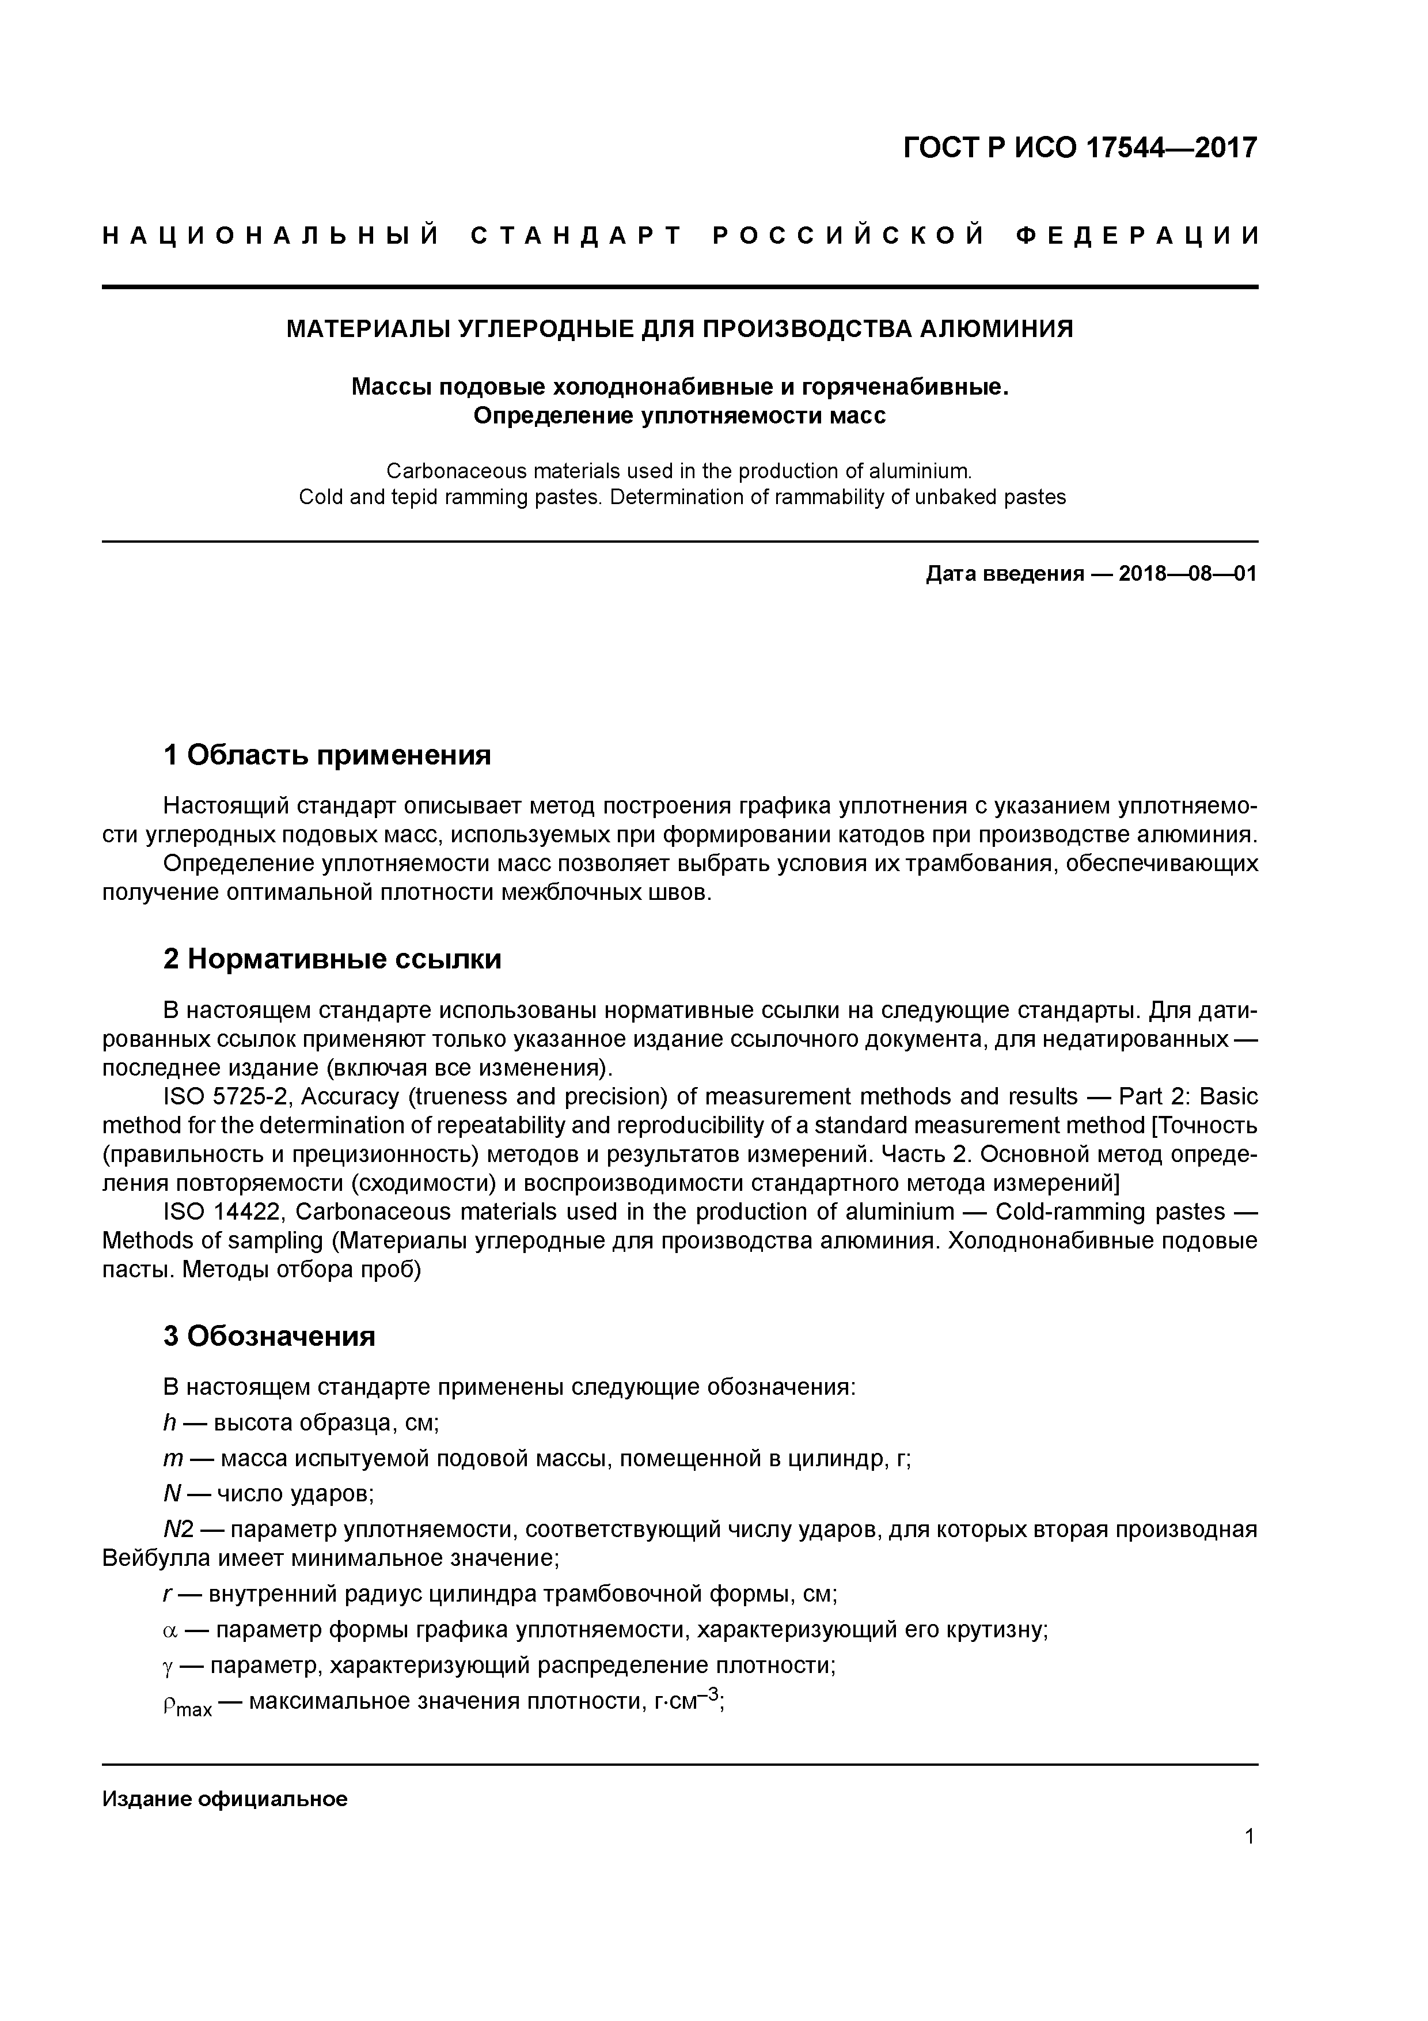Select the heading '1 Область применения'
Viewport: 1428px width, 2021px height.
click(x=326, y=754)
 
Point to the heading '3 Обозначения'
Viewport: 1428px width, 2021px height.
click(x=269, y=1336)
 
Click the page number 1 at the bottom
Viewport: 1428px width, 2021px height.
click(x=1249, y=1836)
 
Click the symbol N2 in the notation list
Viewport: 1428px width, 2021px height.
click(x=178, y=1530)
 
